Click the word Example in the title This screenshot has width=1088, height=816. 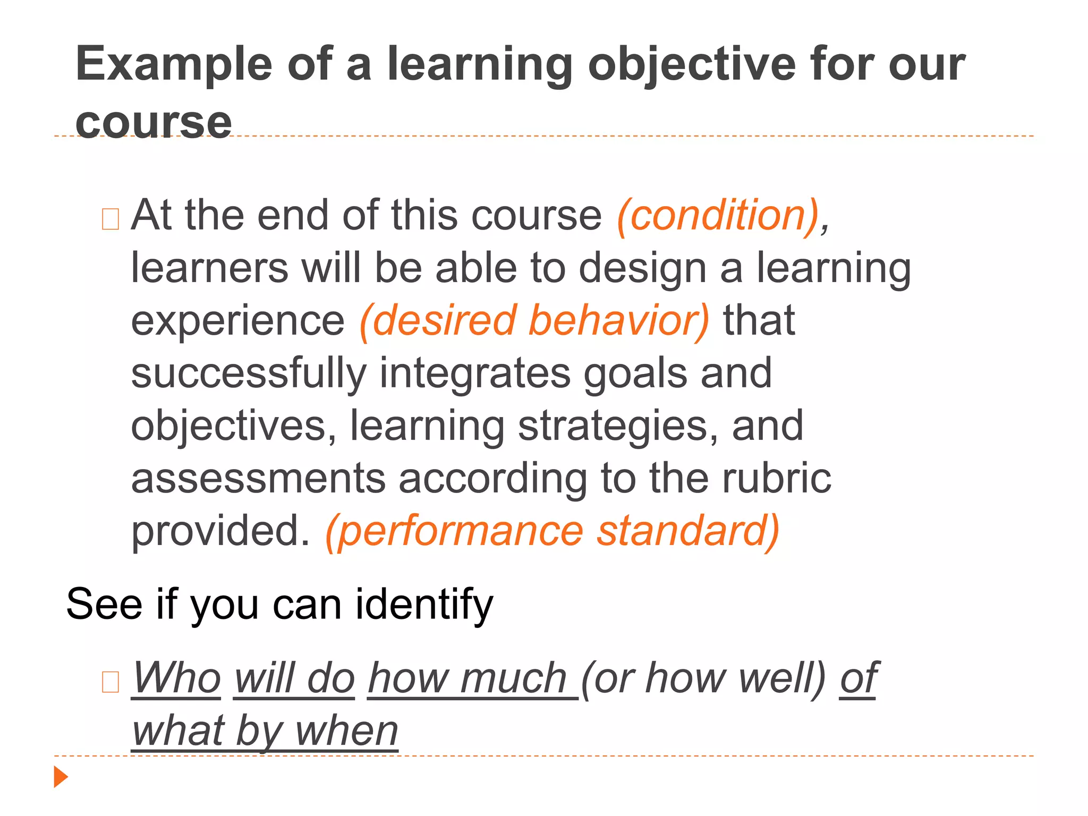click(x=173, y=65)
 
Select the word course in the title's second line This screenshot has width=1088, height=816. click(x=154, y=123)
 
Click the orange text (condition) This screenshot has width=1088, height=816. click(x=718, y=215)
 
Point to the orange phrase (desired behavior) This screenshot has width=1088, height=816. click(x=534, y=320)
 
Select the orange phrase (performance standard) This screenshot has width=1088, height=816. click(x=552, y=531)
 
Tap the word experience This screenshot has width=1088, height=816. click(x=238, y=321)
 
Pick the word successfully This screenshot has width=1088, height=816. click(x=249, y=373)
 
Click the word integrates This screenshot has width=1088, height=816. click(x=474, y=373)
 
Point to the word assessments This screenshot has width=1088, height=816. click(x=258, y=478)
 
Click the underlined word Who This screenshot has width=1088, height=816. click(x=176, y=678)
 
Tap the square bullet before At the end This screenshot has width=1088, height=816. click(x=110, y=219)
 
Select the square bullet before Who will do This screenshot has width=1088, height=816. click(x=110, y=682)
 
